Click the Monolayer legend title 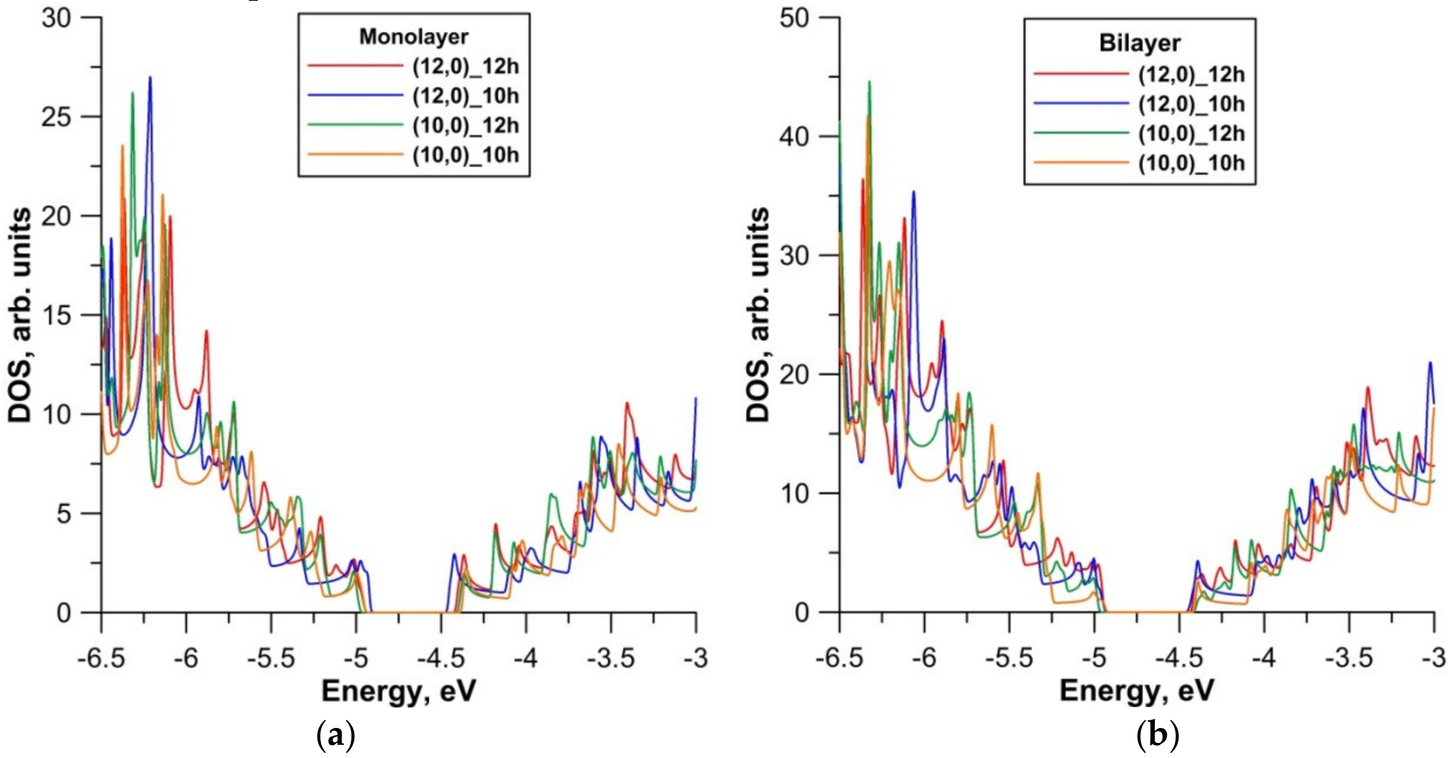pyautogui.click(x=414, y=37)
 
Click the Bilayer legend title pyautogui.click(x=1139, y=44)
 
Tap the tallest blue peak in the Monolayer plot pyautogui.click(x=150, y=78)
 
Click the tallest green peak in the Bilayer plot pyautogui.click(x=869, y=82)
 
